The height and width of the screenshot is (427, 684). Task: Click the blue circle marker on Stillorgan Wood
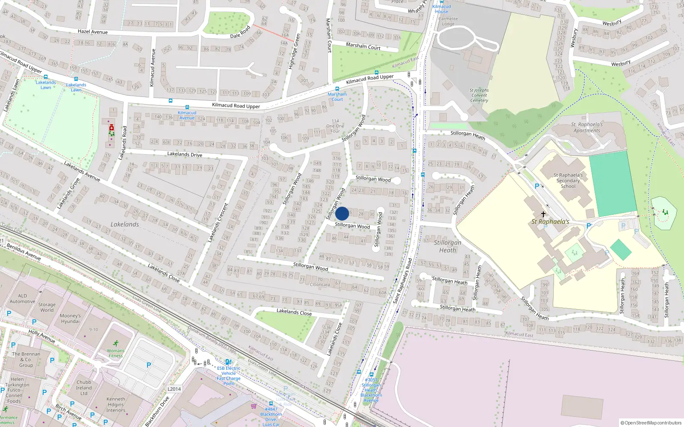tap(342, 213)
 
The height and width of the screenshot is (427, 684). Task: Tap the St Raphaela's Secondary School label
tap(568, 181)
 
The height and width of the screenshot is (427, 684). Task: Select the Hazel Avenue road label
tap(93, 32)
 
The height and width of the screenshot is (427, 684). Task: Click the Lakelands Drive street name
tap(185, 154)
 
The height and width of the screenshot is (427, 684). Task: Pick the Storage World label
tap(47, 307)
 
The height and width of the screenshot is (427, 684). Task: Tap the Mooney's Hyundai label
tap(70, 319)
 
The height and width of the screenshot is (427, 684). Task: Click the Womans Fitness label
tap(115, 353)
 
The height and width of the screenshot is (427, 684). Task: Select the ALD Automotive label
tap(22, 298)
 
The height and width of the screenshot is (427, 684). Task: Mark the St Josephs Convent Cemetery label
tap(479, 95)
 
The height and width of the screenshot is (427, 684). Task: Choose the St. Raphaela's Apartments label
tap(587, 128)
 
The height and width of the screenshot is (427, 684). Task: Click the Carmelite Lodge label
tap(448, 21)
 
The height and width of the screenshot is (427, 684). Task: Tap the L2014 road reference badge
tap(174, 389)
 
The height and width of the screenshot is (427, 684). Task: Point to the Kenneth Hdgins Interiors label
tap(116, 405)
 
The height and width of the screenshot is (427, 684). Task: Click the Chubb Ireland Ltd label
tap(84, 388)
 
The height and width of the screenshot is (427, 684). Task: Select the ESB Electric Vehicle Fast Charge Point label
tap(229, 376)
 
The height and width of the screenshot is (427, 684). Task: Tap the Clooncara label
tap(320, 285)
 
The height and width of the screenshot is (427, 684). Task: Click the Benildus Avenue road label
tap(24, 252)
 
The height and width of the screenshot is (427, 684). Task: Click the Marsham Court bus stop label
tap(337, 97)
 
